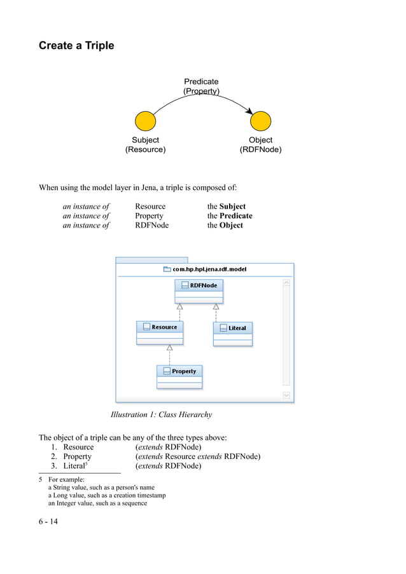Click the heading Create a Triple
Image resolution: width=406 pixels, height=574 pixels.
(76, 46)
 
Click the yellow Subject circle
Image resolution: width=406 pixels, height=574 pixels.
(145, 121)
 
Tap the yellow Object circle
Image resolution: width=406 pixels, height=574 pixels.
(260, 121)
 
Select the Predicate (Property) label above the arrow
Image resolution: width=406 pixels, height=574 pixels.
(201, 86)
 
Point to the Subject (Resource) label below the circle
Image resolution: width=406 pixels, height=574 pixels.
(145, 145)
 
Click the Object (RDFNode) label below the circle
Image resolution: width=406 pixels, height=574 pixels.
(260, 145)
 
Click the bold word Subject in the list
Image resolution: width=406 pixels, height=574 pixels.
(232, 207)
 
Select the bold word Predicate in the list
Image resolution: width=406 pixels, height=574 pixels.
(235, 216)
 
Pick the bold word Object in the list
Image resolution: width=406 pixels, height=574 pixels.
(231, 225)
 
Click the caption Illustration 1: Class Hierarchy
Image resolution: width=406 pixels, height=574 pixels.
(161, 414)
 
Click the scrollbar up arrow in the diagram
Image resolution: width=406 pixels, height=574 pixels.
(286, 283)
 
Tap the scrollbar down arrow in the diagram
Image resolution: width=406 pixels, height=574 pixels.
(286, 395)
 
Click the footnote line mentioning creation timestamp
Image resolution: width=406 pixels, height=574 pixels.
(107, 495)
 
